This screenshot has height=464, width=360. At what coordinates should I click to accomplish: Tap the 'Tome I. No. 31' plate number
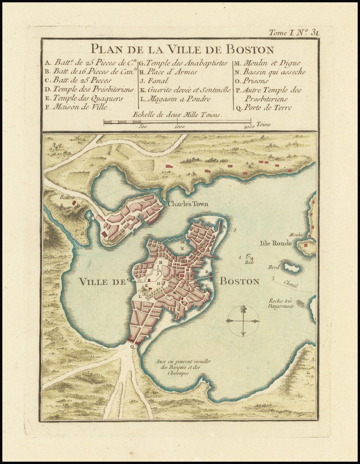pos(294,33)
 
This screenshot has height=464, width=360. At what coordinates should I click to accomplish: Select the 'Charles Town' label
pos(188,204)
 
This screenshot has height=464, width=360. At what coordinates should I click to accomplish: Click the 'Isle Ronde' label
pos(276,243)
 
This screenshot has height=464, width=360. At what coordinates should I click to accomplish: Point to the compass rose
pos(243,321)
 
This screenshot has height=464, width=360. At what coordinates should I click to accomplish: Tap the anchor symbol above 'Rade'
pos(249,257)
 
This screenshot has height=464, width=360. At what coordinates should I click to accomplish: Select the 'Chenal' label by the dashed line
pos(290,285)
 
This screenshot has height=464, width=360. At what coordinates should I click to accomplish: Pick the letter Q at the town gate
pos(132,346)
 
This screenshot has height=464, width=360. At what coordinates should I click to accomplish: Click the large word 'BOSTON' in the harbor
pos(239,282)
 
